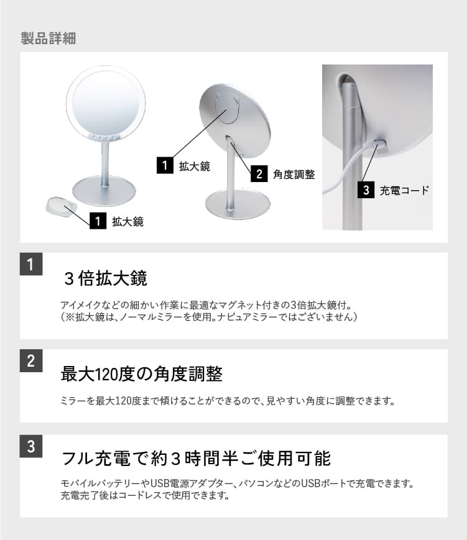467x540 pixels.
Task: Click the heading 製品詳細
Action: coord(48,39)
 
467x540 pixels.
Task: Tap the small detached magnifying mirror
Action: coord(61,206)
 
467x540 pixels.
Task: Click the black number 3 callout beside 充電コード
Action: coord(366,190)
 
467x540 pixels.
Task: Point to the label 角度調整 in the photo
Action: coord(294,175)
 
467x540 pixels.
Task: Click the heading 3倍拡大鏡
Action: coord(105,278)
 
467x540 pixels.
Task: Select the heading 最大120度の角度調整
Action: coord(141,374)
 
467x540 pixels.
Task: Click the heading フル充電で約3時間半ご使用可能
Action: coord(196,459)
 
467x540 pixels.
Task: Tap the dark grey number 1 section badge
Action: coord(30,264)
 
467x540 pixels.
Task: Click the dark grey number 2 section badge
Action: coord(30,360)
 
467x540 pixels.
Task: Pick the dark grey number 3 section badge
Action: coord(30,446)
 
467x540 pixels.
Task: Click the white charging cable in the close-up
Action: coord(348,171)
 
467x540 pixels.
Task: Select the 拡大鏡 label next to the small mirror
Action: coord(127,221)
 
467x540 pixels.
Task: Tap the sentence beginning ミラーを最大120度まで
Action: coord(228,401)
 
